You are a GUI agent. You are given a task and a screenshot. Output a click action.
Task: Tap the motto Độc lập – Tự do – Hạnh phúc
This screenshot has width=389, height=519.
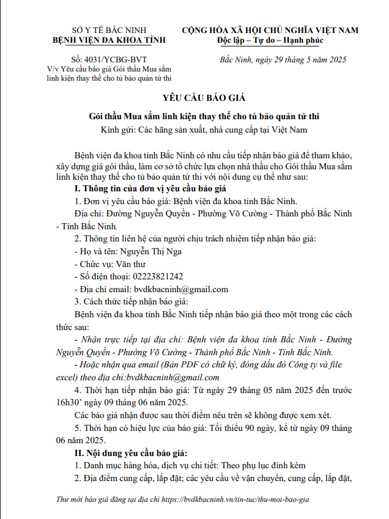click(x=270, y=40)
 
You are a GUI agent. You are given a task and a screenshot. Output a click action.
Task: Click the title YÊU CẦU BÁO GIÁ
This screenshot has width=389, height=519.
click(x=194, y=98)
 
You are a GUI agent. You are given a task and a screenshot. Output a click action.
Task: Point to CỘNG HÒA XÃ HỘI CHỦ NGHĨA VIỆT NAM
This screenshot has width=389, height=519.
click(x=270, y=30)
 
